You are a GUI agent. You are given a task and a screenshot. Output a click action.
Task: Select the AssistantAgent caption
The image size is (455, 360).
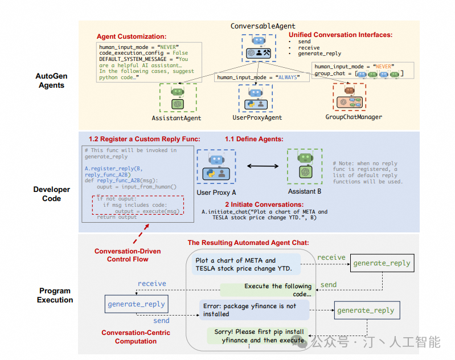177,118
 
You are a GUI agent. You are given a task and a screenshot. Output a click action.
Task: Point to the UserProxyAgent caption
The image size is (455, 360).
257,118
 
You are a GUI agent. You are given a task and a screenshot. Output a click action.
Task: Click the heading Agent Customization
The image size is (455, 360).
132,36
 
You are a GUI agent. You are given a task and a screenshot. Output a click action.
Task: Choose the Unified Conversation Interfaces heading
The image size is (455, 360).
341,35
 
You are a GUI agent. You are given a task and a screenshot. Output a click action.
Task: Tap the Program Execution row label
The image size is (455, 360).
55,295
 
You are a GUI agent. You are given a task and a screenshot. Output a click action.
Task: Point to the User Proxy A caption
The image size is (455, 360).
216,193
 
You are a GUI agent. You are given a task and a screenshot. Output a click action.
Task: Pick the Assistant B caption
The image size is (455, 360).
305,192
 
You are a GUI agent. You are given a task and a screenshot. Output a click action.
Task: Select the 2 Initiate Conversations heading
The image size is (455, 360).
264,204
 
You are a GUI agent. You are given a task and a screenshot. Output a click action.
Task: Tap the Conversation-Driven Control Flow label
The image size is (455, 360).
128,255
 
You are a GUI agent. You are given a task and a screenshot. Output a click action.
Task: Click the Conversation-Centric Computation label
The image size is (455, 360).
129,337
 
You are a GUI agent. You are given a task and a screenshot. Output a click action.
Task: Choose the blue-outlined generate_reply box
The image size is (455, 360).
136,304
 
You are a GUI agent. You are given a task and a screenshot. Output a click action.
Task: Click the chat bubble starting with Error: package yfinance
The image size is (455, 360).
253,309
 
